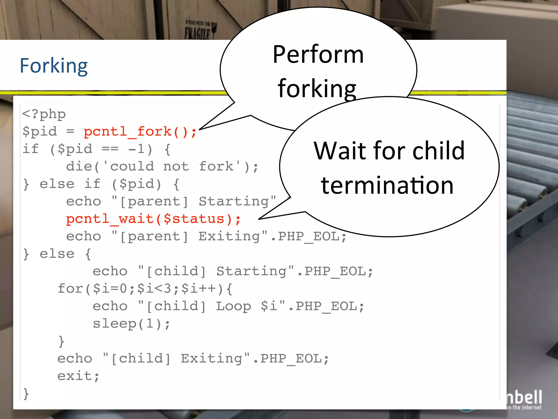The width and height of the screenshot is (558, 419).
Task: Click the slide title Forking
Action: (x=54, y=66)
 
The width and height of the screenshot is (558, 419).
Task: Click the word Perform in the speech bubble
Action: (x=318, y=55)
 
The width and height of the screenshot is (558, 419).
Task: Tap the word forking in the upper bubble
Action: (x=317, y=88)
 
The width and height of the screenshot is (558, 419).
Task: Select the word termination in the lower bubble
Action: (x=387, y=185)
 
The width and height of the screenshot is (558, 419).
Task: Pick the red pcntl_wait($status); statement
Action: (x=153, y=219)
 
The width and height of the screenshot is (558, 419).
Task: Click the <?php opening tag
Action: (x=44, y=114)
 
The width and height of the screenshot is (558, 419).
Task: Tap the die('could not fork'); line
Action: (x=162, y=167)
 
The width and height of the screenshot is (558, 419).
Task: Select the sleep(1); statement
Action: (x=131, y=324)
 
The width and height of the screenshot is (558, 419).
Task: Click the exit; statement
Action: (x=78, y=376)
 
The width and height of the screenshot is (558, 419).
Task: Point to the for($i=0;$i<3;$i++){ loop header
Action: (x=145, y=289)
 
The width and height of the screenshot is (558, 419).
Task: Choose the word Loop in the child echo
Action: (x=233, y=306)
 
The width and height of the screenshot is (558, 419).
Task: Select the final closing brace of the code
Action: (x=26, y=394)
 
